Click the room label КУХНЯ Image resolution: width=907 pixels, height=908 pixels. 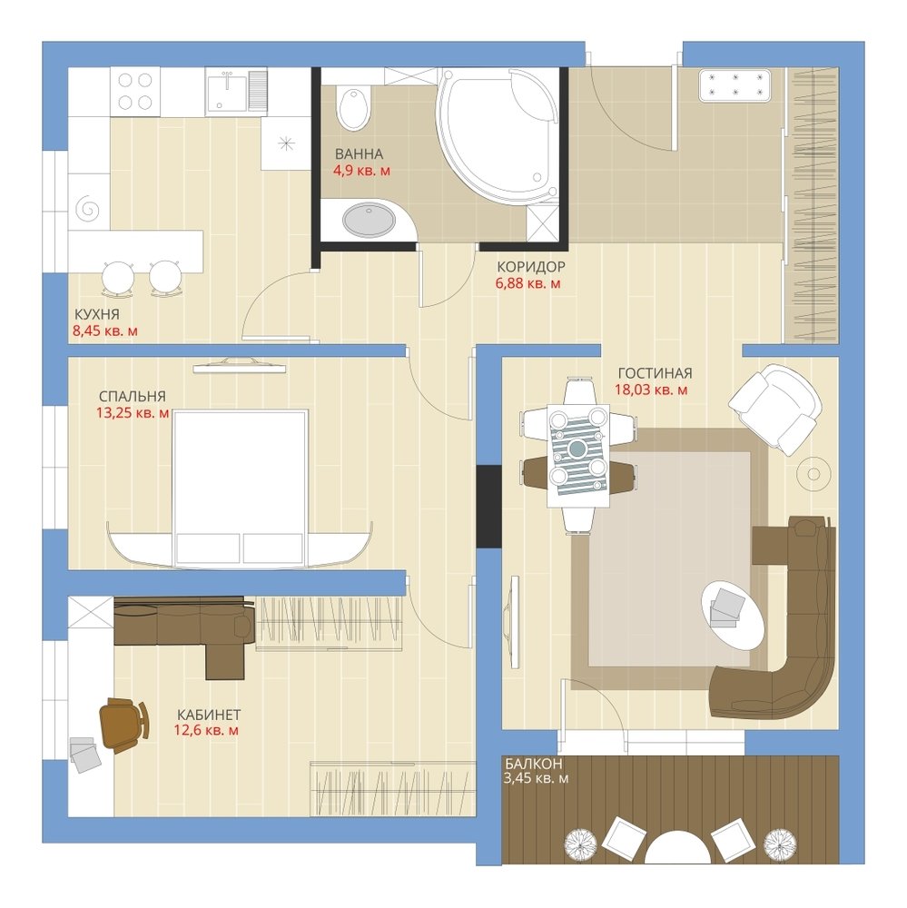(97, 314)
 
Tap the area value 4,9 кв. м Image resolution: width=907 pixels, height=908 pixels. (361, 171)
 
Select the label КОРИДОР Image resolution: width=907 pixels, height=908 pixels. (531, 267)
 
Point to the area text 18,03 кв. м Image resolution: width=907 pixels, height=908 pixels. (651, 390)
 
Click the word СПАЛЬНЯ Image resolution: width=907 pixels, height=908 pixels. (132, 397)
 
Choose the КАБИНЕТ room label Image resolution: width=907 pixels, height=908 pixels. (209, 715)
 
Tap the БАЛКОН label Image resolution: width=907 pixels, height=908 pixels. (533, 764)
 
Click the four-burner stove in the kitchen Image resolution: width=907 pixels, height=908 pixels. (135, 92)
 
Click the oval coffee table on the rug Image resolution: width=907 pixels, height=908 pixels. (733, 616)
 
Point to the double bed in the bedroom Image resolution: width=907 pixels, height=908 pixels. (239, 487)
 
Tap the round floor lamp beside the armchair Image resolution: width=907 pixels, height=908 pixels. (813, 474)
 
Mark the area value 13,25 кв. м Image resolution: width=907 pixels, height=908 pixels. (133, 413)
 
